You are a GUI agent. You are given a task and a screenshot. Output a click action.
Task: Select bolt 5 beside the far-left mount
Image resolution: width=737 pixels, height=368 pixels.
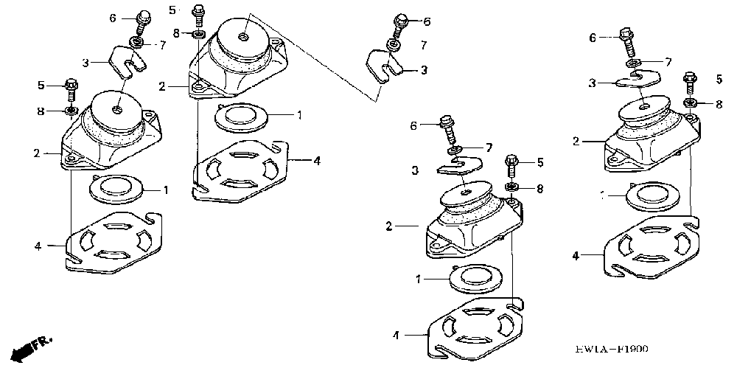(71, 88)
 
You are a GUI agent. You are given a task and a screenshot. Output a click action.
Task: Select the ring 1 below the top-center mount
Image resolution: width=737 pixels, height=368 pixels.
(241, 116)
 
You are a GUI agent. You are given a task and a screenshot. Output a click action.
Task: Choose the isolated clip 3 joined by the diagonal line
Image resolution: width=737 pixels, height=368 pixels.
(384, 63)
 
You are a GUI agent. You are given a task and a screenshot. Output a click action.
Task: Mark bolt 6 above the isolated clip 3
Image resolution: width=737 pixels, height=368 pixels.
(399, 24)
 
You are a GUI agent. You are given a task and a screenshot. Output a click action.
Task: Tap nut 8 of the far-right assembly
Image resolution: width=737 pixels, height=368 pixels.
(690, 103)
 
